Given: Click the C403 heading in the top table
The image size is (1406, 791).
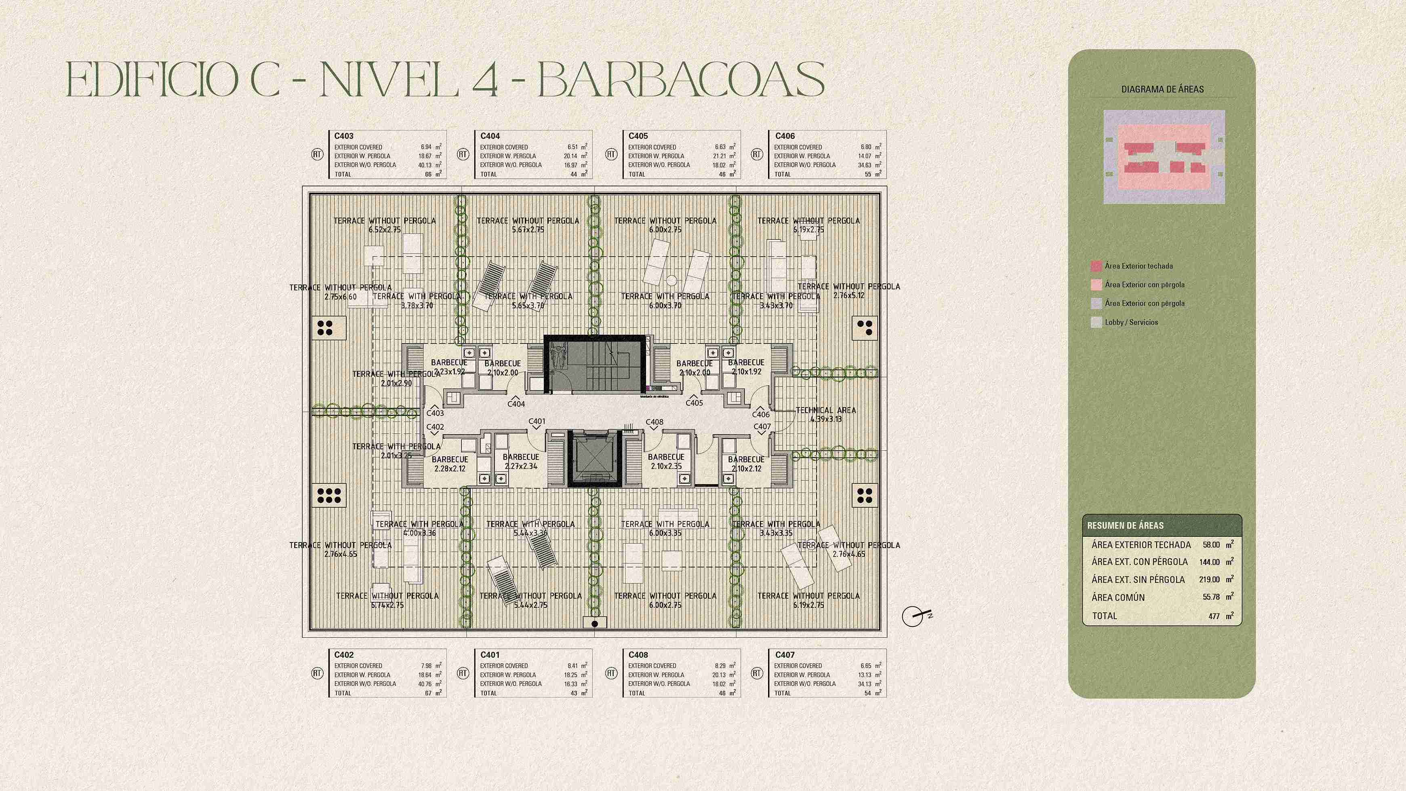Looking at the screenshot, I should [x=344, y=136].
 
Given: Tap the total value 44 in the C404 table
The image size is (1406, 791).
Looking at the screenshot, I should [x=574, y=175].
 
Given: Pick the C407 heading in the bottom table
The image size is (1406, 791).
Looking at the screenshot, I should [x=785, y=654].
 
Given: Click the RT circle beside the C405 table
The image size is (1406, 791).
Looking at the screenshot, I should [x=611, y=154].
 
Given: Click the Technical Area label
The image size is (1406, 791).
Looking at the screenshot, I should [x=826, y=414].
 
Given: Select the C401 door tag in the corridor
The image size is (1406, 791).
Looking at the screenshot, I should [x=537, y=422].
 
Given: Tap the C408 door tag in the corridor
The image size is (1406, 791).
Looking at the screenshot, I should [x=655, y=422].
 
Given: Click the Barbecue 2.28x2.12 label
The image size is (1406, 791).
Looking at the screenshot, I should [x=450, y=464].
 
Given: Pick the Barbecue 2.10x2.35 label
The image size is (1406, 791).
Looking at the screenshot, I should [x=666, y=461].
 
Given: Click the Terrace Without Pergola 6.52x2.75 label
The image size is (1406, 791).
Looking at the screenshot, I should [x=385, y=225].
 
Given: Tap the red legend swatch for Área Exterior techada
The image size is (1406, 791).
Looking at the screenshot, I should [x=1096, y=266].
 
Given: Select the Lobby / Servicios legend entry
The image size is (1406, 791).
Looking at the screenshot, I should [x=1131, y=322].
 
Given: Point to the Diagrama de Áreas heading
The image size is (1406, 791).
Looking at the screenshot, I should [x=1162, y=89].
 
